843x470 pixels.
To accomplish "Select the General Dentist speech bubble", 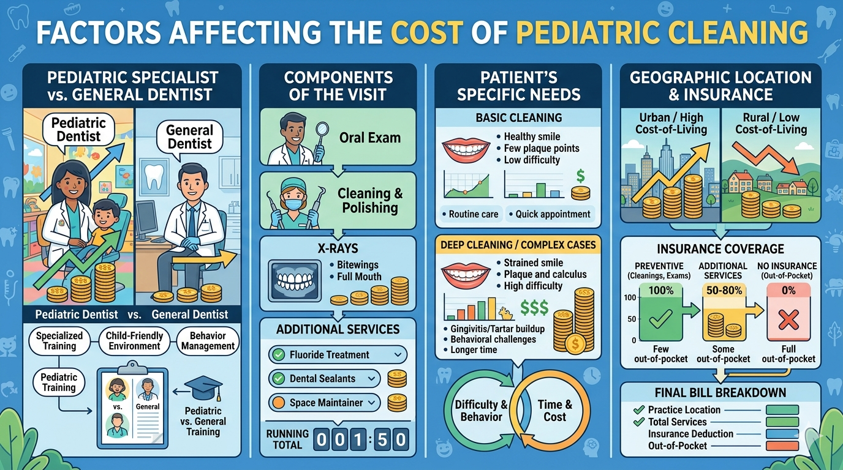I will tap(190, 136).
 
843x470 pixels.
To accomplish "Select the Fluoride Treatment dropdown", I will tap(338, 354).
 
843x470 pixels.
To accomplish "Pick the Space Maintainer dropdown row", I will tap(325, 403).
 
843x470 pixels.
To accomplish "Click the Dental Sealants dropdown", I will tap(325, 379).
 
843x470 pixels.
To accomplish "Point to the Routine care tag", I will tap(470, 214).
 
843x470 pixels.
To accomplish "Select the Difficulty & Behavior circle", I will tap(481, 411).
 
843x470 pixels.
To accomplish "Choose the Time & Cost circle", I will tap(554, 411).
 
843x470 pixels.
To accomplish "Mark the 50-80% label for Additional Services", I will tap(723, 291).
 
